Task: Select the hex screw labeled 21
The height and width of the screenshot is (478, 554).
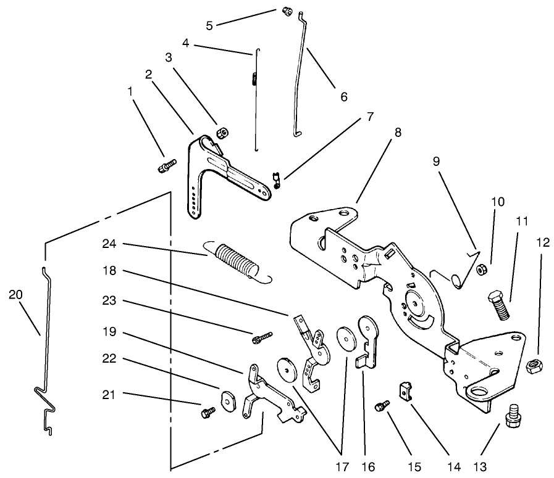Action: [x=207, y=411]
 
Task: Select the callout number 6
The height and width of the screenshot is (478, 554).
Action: [x=343, y=97]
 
